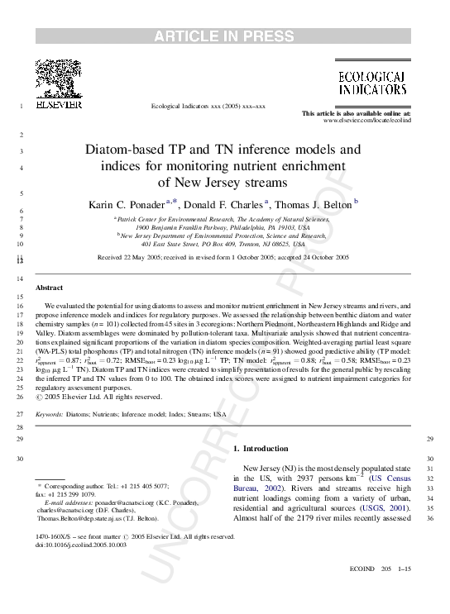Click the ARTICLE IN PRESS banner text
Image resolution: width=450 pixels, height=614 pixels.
224,36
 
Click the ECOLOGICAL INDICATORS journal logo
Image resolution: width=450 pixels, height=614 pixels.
371,82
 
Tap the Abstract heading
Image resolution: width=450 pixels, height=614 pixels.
49,287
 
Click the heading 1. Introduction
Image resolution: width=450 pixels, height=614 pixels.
261,449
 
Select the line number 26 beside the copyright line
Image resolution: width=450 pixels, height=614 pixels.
20,396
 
